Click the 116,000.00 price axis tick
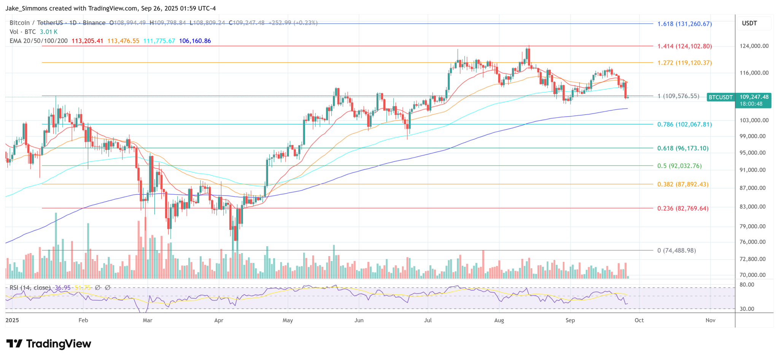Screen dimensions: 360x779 (754, 73)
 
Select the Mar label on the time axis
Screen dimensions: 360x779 (148, 320)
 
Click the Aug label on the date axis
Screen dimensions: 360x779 (499, 320)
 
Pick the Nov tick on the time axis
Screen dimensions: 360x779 (710, 320)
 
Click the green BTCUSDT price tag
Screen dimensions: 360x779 (720, 97)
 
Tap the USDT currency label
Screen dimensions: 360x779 (749, 23)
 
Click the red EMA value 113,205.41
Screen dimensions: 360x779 (87, 41)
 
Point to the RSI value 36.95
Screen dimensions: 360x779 (63, 288)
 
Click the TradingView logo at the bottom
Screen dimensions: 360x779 (49, 344)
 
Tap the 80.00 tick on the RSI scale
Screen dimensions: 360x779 (747, 285)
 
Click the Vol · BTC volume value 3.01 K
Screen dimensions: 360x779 (49, 32)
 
